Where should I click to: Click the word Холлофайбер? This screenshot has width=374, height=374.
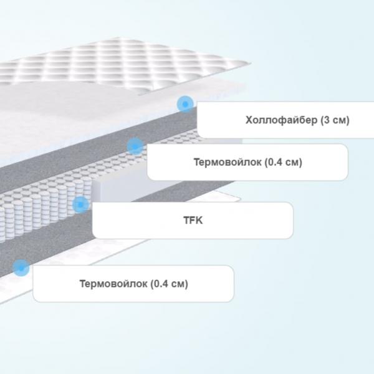(x=282, y=120)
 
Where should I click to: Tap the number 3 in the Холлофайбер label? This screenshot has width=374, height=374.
(x=327, y=120)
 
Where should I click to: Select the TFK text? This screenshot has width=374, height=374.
(x=193, y=221)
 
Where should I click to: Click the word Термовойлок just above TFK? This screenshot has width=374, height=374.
(x=228, y=162)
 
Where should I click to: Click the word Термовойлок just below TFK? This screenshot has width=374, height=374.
(x=113, y=284)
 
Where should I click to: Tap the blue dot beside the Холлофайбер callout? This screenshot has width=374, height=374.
(x=185, y=104)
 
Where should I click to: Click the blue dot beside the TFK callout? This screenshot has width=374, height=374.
(x=80, y=204)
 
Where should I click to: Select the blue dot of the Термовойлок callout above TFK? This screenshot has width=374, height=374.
(x=135, y=146)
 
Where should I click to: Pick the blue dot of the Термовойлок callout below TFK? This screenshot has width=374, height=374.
(x=21, y=268)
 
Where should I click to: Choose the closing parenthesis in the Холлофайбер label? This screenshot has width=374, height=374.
(x=348, y=120)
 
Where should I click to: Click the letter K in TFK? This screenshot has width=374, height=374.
(x=199, y=221)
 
